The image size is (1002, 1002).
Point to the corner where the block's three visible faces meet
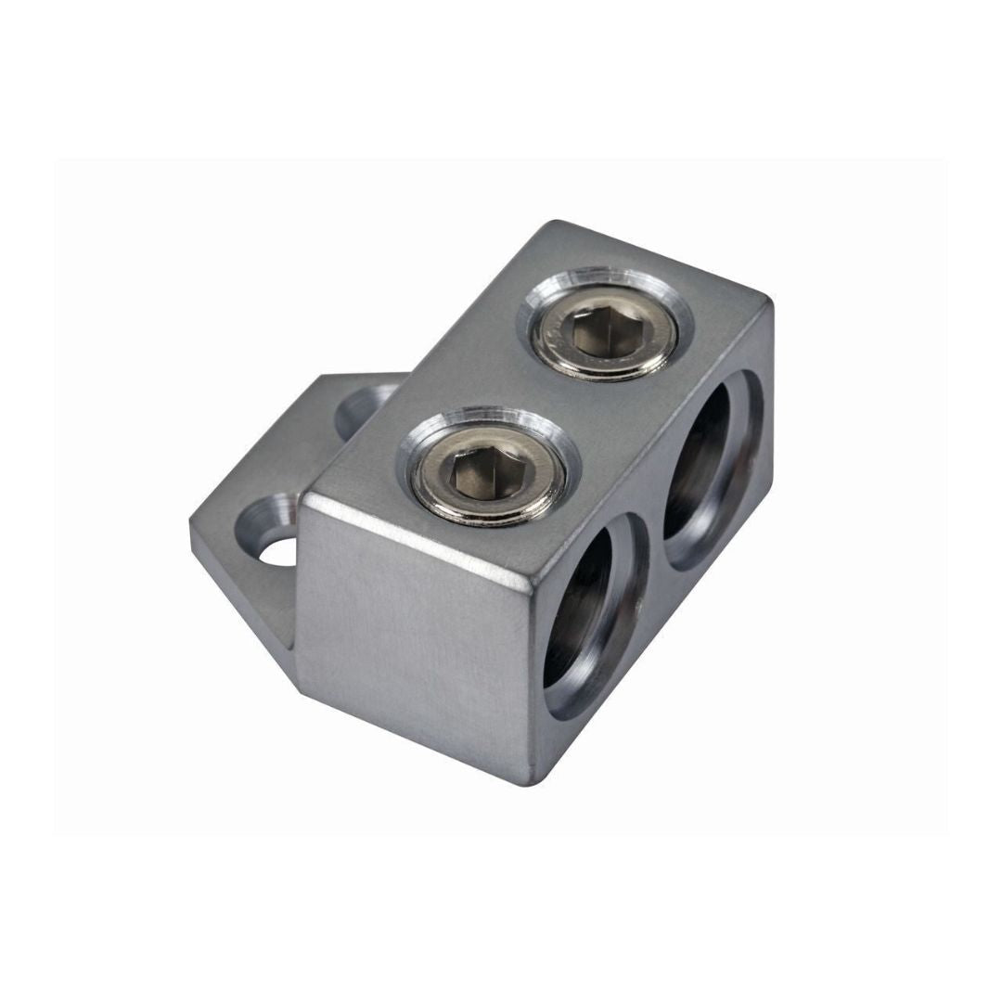coord(533,580)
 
